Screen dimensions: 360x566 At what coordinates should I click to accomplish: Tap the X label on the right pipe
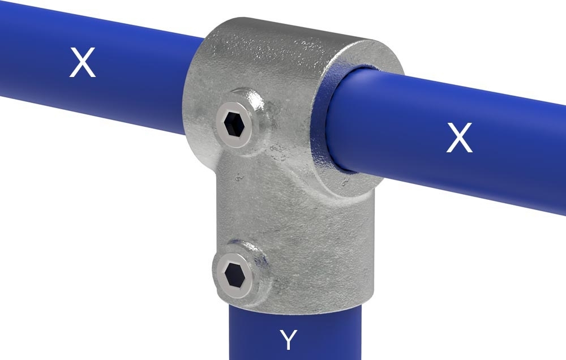click(458, 138)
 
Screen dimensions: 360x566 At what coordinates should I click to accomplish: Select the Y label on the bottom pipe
click(289, 340)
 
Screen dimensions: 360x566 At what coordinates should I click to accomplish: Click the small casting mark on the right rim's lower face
click(344, 182)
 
